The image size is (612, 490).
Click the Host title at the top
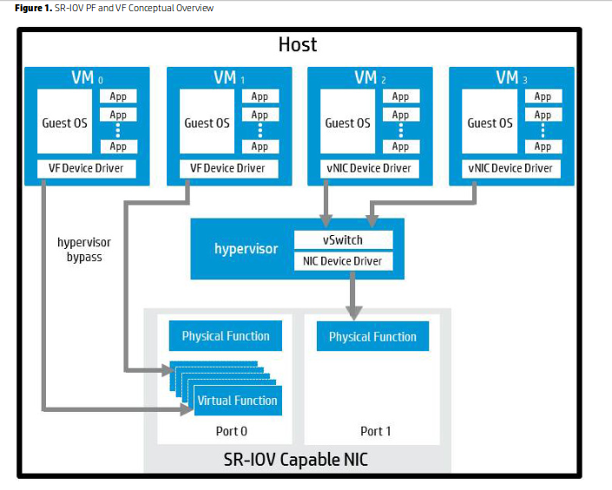298,43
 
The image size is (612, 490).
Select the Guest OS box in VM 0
64,122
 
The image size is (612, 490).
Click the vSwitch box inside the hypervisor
344,240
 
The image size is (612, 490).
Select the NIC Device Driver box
344,260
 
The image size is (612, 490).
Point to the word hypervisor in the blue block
247,249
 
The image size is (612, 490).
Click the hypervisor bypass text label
84,250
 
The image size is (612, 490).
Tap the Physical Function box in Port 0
226,336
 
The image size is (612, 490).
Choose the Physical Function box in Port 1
372,336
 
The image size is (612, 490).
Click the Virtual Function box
237,400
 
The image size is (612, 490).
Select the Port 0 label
231,431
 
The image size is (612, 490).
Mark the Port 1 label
376,431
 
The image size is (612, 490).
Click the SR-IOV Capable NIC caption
296,459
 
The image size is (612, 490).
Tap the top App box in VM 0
118,97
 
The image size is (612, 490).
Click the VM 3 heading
510,78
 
